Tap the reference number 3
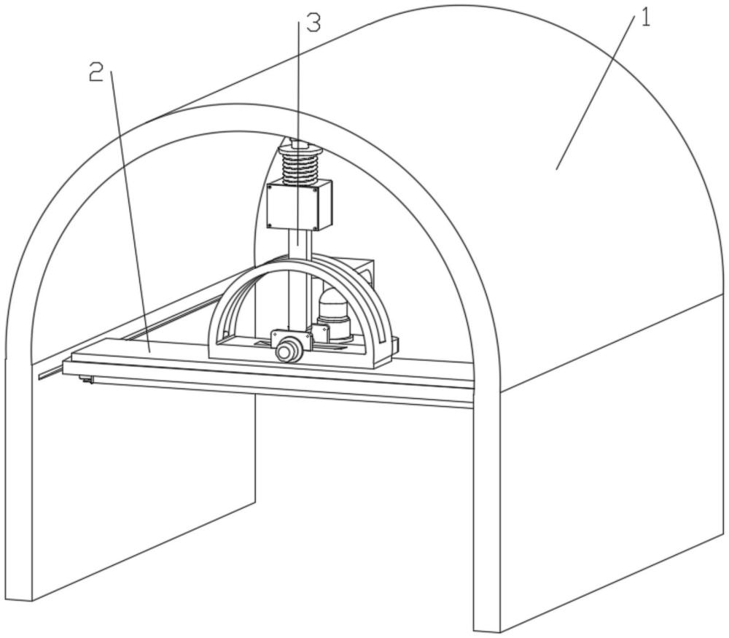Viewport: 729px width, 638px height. click(x=313, y=23)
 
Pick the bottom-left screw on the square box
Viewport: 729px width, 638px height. click(x=272, y=222)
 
